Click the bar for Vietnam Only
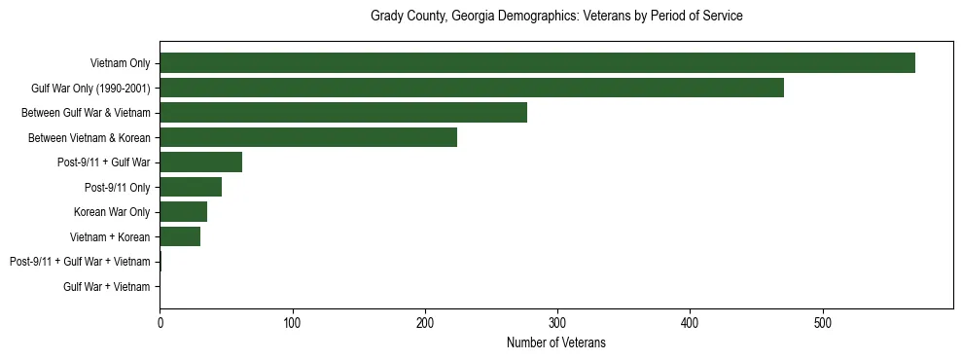pyautogui.click(x=537, y=63)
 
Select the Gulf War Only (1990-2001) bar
pyautogui.click(x=472, y=88)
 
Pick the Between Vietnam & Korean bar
pyautogui.click(x=308, y=137)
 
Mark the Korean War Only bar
pyautogui.click(x=183, y=212)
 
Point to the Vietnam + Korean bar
pyautogui.click(x=180, y=236)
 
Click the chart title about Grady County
pyautogui.click(x=556, y=17)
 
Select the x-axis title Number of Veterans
pyautogui.click(x=556, y=342)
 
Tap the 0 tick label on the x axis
pyautogui.click(x=160, y=322)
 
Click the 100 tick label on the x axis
pyautogui.click(x=292, y=322)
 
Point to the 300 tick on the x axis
pyautogui.click(x=557, y=322)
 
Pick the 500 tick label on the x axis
pyautogui.click(x=822, y=322)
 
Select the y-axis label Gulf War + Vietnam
pyautogui.click(x=107, y=287)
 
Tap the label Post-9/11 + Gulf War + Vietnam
pyautogui.click(x=80, y=262)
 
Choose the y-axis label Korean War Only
pyautogui.click(x=112, y=212)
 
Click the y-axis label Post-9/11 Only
pyautogui.click(x=118, y=188)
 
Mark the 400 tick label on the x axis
pyautogui.click(x=690, y=322)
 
